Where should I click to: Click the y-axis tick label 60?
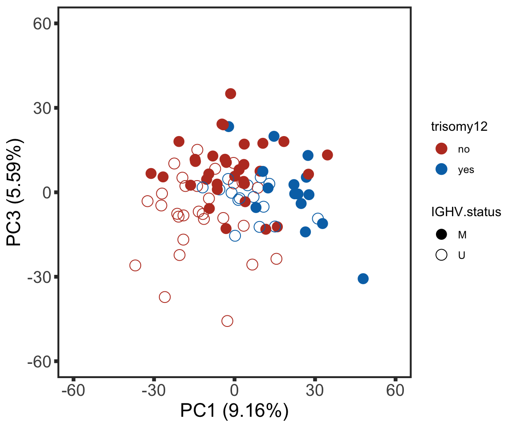[42, 24]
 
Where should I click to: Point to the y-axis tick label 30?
[42, 108]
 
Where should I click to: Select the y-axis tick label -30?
[40, 277]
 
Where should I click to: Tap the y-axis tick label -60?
[40, 361]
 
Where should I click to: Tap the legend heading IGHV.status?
[466, 213]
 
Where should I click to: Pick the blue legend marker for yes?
[441, 169]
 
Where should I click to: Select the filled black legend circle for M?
[441, 234]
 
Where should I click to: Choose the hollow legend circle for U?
[441, 255]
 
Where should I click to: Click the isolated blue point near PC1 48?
[363, 279]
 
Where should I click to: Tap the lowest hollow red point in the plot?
[227, 321]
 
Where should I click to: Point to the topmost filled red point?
[230, 93]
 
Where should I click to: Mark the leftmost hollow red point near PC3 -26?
[135, 266]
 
